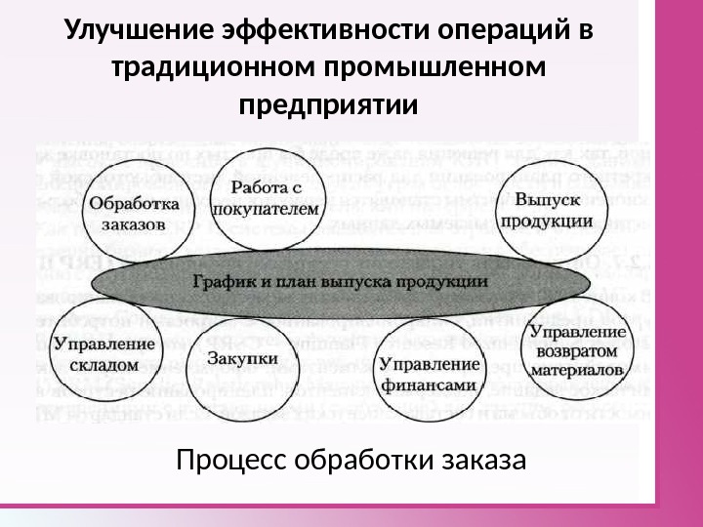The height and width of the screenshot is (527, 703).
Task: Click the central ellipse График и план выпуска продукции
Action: pyautogui.click(x=340, y=280)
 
